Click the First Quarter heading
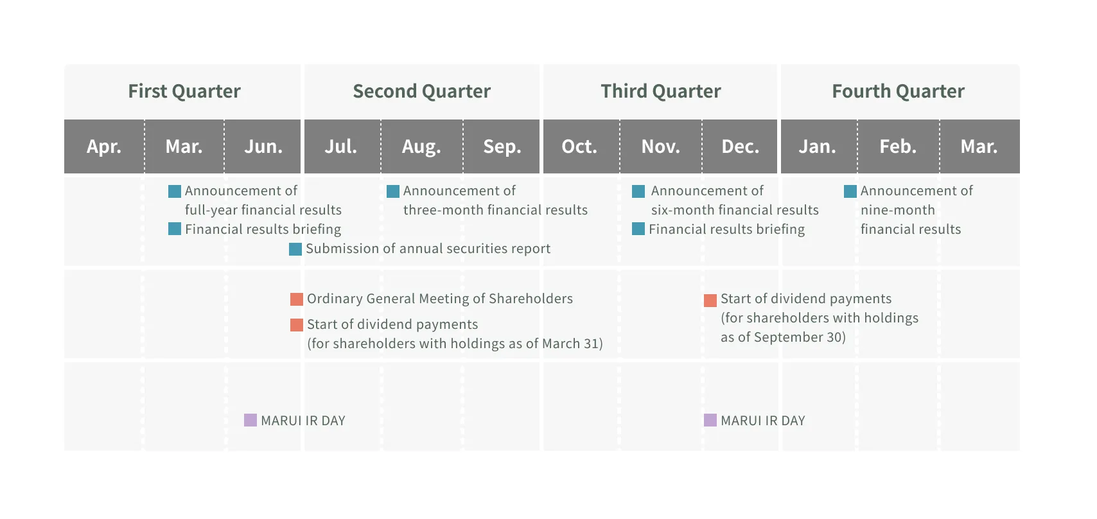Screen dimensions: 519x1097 pos(184,91)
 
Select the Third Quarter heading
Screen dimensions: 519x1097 pos(661,91)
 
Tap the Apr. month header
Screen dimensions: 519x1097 pos(104,146)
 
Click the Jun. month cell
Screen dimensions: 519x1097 pos(263,146)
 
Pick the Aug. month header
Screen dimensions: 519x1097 pos(421,146)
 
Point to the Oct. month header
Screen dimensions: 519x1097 pos(579,146)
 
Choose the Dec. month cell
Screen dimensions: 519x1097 pos(741,146)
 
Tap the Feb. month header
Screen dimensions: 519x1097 pos(898,146)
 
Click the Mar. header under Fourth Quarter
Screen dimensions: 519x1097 pos(979,146)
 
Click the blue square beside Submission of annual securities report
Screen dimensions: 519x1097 pos(295,249)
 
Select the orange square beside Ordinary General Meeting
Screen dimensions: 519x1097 pos(297,299)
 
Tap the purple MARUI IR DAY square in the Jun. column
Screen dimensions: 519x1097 pos(250,420)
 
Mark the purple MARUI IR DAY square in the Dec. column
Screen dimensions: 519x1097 pos(710,420)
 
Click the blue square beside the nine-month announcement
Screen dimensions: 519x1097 pos(850,191)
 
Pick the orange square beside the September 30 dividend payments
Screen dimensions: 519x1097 pos(710,301)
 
